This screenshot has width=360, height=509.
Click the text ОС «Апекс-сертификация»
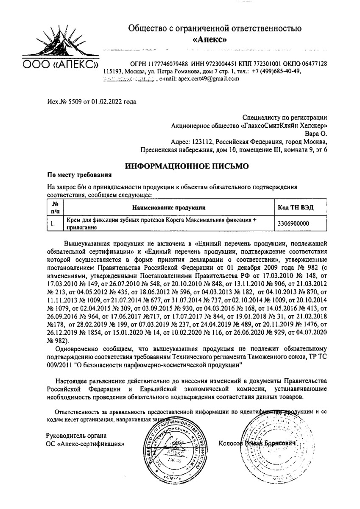point(85,444)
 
